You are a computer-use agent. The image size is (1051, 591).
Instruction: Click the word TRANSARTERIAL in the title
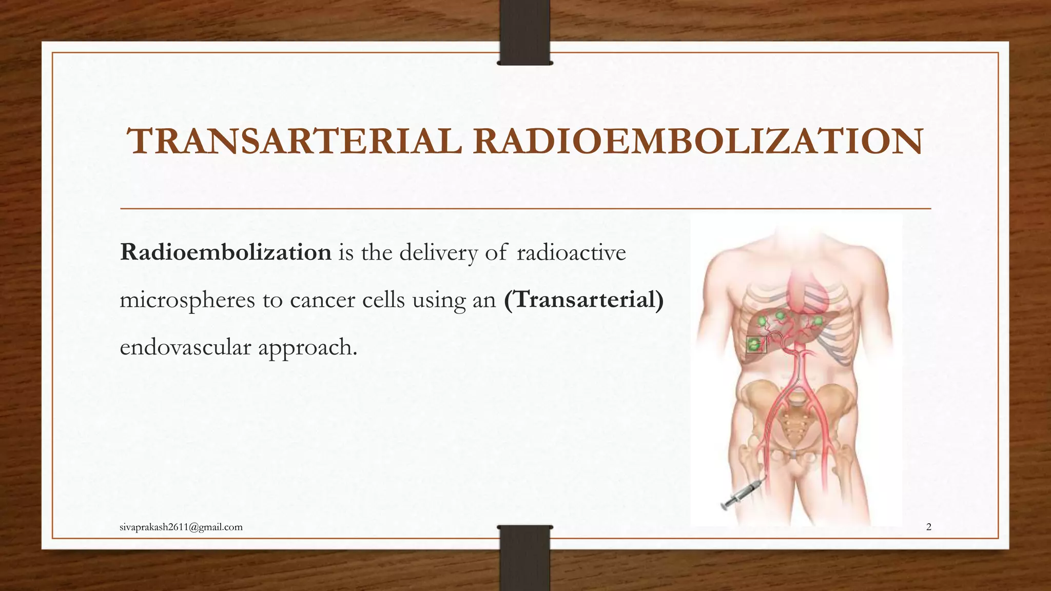(x=295, y=142)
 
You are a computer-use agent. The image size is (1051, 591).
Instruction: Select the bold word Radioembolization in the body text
(x=226, y=252)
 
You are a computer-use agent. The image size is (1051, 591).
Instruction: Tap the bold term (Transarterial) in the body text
(x=584, y=300)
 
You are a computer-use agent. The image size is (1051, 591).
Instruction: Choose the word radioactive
(x=571, y=252)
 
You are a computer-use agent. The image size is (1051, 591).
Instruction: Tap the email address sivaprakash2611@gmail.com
(x=181, y=527)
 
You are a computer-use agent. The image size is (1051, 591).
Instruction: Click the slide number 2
(x=928, y=527)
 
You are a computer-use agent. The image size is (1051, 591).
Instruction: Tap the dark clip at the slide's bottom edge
(x=524, y=557)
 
